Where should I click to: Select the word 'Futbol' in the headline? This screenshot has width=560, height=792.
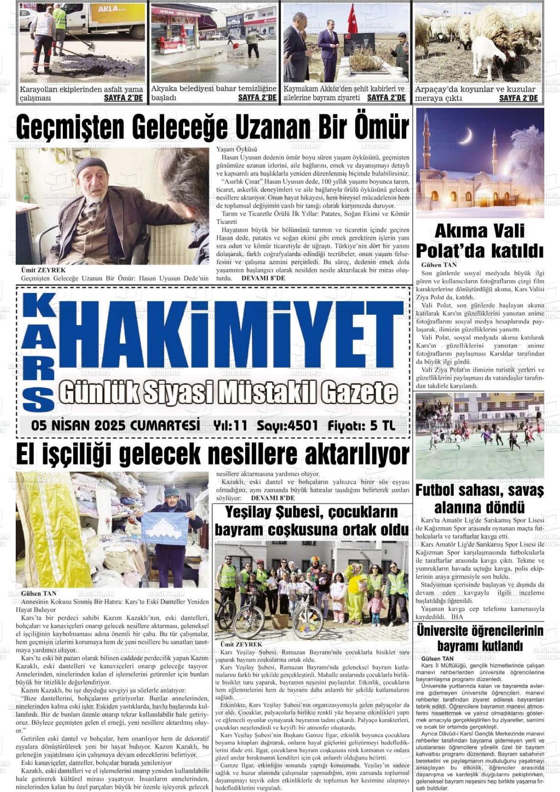tap(438, 491)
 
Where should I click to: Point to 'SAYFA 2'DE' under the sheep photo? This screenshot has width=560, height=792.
tap(518, 98)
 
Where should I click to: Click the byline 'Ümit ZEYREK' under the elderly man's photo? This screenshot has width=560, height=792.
tap(43, 270)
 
